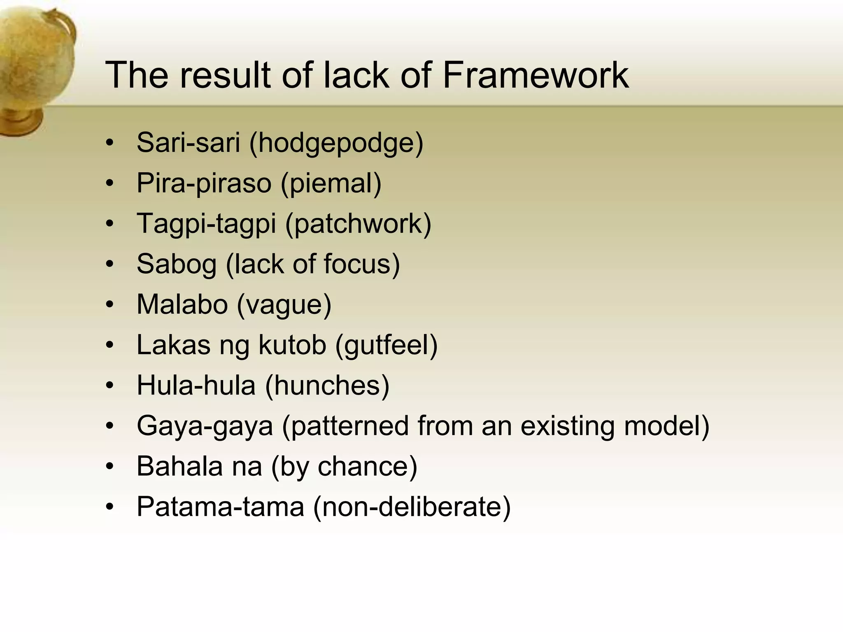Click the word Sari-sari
point(188,142)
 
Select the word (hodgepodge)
point(336,143)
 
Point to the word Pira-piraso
point(204,183)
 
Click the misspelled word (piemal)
point(331,183)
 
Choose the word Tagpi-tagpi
point(206,224)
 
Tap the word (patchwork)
point(358,224)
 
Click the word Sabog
point(176,264)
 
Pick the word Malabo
point(182,304)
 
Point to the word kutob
point(292,344)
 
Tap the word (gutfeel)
point(386,345)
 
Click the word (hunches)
point(327,385)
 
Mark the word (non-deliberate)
point(412,507)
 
